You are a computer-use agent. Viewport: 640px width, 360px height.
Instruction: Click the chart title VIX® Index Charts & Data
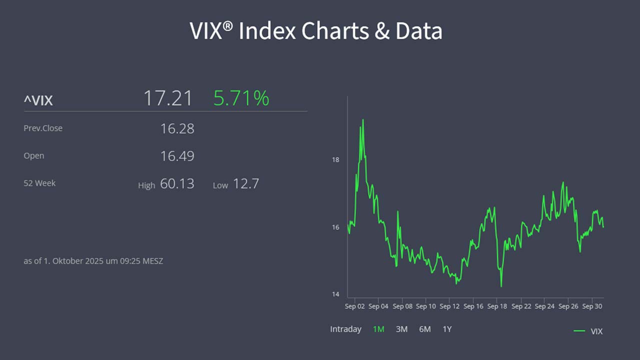click(x=316, y=31)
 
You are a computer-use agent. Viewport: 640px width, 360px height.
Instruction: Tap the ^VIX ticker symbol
click(x=38, y=100)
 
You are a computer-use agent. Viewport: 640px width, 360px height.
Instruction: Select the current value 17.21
click(x=168, y=98)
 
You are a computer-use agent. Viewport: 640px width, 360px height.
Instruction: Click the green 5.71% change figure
click(x=241, y=98)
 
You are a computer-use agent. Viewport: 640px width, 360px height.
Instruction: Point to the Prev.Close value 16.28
click(x=177, y=128)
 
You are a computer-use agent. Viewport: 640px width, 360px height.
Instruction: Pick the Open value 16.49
click(x=177, y=156)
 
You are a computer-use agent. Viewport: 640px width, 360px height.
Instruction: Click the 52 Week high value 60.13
click(x=177, y=183)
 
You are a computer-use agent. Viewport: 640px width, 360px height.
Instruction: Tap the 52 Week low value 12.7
click(x=246, y=183)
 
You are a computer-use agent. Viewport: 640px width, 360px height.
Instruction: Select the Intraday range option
click(x=345, y=329)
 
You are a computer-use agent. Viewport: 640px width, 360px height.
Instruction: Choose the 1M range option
click(x=378, y=329)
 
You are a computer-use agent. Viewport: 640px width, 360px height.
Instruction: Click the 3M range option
click(x=401, y=329)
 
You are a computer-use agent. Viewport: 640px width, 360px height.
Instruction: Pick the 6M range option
click(x=425, y=329)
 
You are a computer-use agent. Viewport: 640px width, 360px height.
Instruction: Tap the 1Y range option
click(x=447, y=329)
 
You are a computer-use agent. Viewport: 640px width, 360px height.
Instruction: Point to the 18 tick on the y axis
click(x=335, y=160)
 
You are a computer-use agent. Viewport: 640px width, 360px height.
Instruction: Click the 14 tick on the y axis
click(x=335, y=294)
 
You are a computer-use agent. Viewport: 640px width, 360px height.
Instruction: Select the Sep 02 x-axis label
click(x=354, y=306)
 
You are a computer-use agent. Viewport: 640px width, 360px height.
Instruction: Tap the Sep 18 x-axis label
click(x=497, y=306)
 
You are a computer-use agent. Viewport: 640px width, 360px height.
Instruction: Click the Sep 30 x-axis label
click(x=592, y=306)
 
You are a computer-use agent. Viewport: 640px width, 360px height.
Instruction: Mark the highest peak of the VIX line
click(x=362, y=120)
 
